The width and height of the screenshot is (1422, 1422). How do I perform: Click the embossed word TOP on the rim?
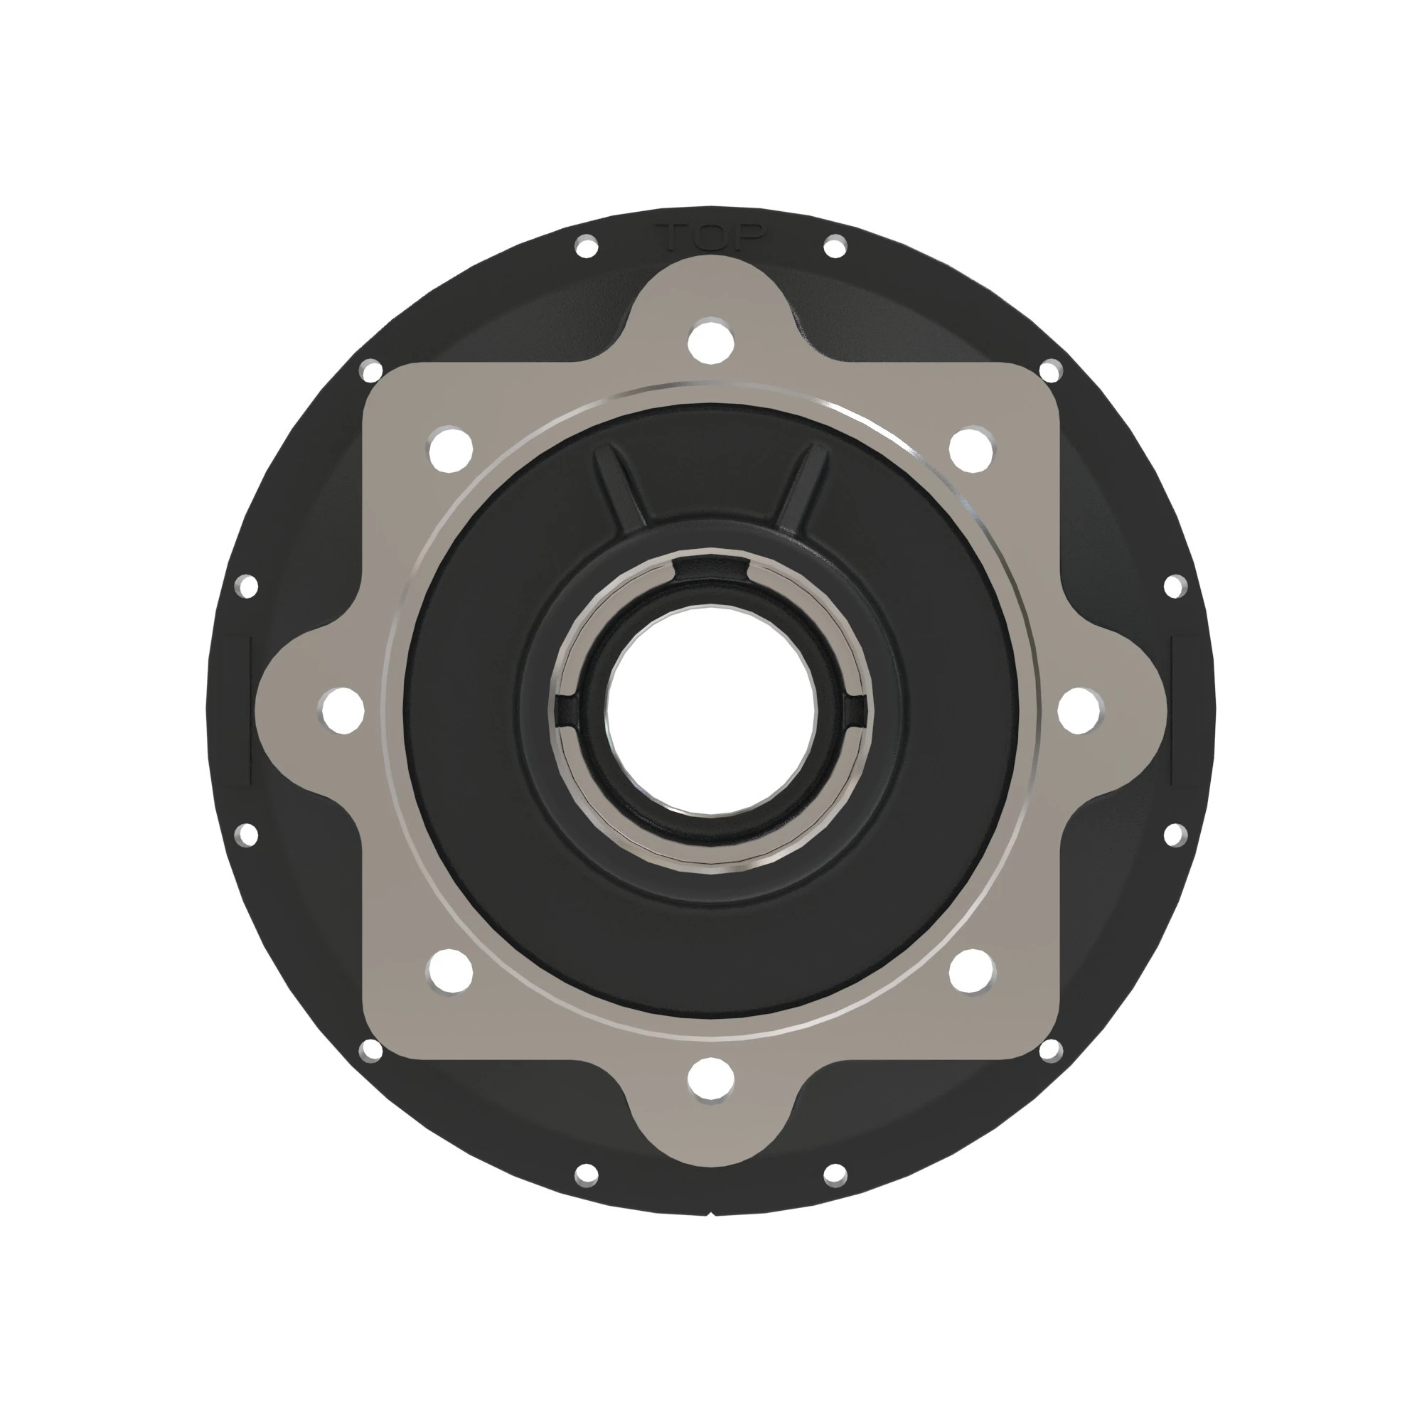coord(711,237)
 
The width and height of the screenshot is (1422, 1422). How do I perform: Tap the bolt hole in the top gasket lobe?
coord(711,339)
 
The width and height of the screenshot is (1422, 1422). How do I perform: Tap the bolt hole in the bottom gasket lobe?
coord(711,1080)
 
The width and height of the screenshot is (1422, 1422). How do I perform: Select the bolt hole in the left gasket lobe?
coord(342,710)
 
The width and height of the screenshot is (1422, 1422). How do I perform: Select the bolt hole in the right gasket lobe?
coord(1080,710)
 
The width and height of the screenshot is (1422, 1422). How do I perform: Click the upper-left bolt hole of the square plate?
coord(451,448)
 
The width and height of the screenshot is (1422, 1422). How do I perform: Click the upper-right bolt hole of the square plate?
coord(971,448)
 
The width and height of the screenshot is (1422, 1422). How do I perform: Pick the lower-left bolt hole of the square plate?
coord(451,970)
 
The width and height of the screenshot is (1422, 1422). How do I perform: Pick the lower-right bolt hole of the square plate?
coord(971,970)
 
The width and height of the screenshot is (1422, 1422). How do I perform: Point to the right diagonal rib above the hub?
coord(801,486)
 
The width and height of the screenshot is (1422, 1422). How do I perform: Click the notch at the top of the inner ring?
coord(712,569)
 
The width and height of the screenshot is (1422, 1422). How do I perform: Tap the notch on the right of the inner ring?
coord(855,710)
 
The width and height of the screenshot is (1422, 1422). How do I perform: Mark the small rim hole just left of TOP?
coord(587,247)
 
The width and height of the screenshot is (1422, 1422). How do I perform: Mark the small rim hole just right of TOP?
coord(835,247)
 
